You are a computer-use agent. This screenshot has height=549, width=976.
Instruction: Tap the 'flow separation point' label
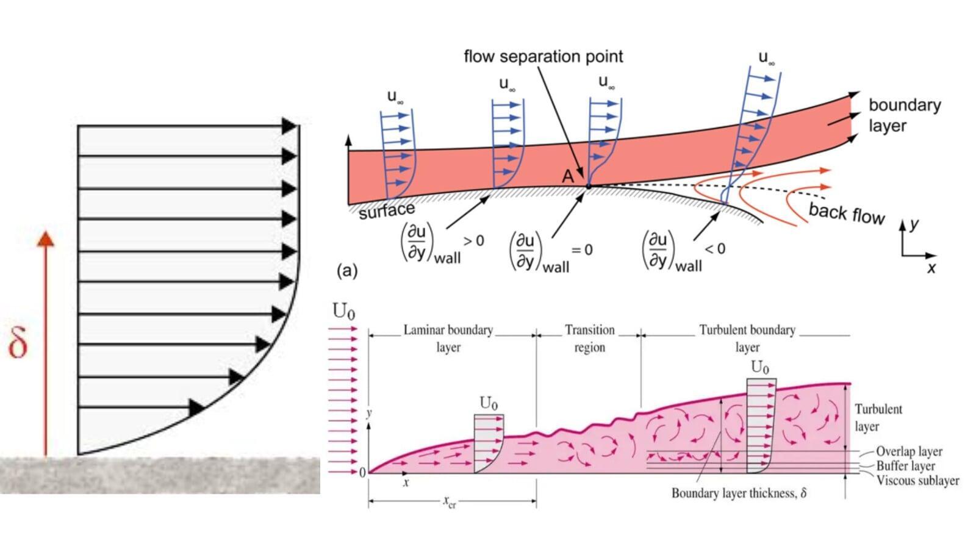(543, 57)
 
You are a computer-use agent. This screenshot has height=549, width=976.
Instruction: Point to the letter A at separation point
(568, 176)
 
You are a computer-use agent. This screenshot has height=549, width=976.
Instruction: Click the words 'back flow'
(846, 213)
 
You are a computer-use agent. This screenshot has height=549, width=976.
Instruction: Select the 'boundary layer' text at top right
(904, 115)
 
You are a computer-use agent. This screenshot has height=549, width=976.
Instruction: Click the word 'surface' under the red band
(387, 210)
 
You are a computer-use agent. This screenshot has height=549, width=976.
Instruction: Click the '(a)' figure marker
(347, 270)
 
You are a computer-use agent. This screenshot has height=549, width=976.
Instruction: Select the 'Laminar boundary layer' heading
(448, 339)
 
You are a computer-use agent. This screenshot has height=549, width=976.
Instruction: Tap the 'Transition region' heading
(589, 339)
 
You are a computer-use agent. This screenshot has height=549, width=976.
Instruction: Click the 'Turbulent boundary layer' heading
(747, 339)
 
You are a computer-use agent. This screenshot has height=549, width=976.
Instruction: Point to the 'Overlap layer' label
(909, 451)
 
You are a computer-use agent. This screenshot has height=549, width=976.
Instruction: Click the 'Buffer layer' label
(905, 466)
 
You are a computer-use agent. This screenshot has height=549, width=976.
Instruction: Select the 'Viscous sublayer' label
(917, 481)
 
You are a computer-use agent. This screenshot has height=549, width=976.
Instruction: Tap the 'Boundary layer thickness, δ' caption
(739, 493)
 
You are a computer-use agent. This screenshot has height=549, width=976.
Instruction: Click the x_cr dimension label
(450, 502)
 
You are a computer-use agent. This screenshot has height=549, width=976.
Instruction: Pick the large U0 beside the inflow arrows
(343, 311)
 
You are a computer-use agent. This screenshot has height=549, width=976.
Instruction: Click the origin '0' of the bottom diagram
(362, 473)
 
